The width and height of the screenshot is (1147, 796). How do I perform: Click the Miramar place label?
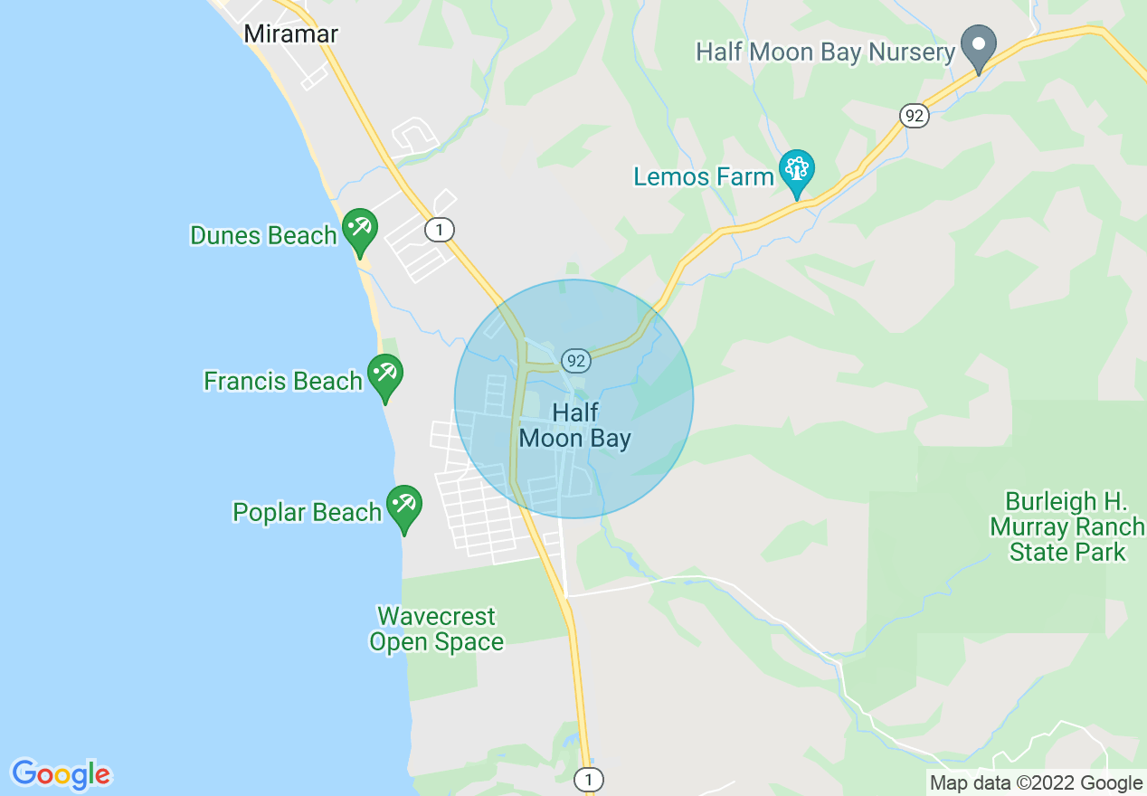coord(291,34)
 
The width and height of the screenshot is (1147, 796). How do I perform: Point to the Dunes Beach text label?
coord(263,236)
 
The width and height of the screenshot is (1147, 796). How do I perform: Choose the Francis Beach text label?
coord(283,382)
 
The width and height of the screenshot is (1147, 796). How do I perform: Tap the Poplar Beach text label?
coord(308,513)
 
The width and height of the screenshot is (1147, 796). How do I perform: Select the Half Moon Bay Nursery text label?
coord(825,52)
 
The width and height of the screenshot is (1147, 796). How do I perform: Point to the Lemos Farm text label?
coord(704,177)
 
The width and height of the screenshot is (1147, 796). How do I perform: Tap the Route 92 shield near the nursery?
coord(915,115)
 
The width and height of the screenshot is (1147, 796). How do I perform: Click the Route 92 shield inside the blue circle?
coord(575,361)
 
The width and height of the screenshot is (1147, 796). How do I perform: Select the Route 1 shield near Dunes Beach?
coord(440,231)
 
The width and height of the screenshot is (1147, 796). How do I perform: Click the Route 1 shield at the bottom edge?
coord(589,779)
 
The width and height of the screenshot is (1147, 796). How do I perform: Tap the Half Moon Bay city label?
coord(575,426)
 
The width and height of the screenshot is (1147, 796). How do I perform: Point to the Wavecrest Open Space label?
coord(436,630)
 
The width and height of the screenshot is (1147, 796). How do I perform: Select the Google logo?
coord(61,775)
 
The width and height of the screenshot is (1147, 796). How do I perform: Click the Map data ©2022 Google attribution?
coord(1037,783)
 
